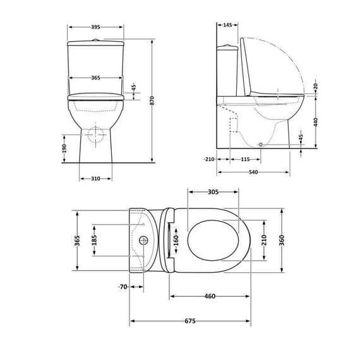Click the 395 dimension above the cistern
click(x=95, y=27)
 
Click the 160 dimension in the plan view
click(x=176, y=240)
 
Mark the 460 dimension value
click(x=210, y=296)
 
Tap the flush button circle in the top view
click(x=143, y=241)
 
